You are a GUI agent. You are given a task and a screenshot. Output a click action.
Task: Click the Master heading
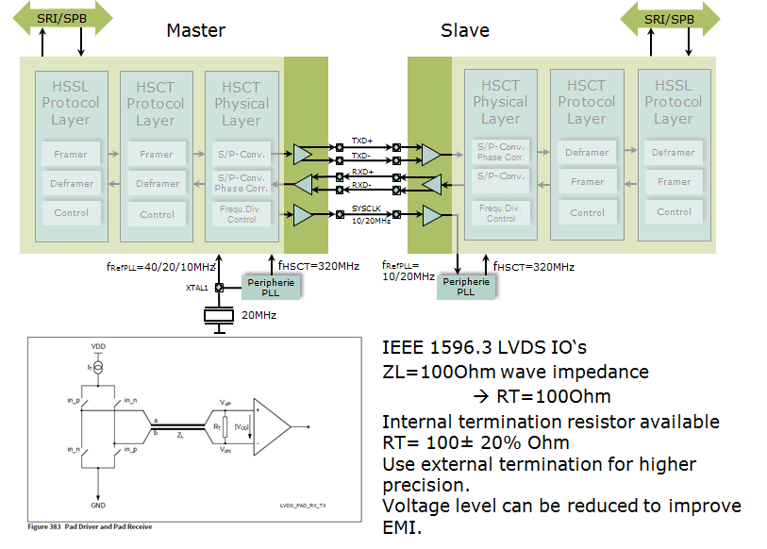[195, 30]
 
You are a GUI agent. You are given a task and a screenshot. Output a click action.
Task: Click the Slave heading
[465, 30]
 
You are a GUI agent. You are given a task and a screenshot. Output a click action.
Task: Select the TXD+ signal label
[362, 141]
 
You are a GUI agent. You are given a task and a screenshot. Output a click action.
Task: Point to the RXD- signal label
[362, 185]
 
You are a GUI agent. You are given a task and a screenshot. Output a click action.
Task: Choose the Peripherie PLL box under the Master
[272, 286]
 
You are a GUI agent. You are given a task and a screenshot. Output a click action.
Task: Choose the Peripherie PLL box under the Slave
[466, 286]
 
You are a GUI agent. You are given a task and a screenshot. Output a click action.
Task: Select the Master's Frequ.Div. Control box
[242, 214]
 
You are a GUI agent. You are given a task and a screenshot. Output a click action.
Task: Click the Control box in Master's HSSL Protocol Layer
[71, 213]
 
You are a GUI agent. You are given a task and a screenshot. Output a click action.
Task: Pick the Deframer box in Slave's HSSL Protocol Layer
[674, 152]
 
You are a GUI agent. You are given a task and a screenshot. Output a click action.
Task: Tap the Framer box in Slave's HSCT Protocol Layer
[587, 182]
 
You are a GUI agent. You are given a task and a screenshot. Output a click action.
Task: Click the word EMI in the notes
[401, 527]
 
